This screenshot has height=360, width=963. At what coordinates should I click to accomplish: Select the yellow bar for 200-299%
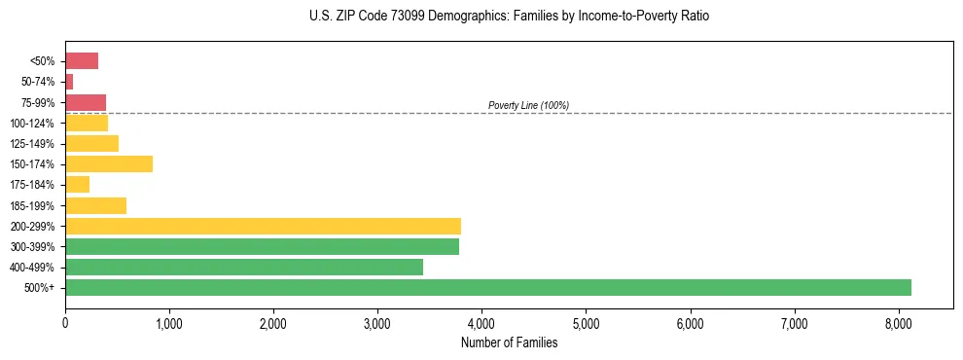(263, 226)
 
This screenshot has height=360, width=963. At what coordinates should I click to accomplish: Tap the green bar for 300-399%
(262, 246)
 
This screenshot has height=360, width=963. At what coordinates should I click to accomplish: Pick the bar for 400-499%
(244, 267)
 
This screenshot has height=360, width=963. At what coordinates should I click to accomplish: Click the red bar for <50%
(82, 61)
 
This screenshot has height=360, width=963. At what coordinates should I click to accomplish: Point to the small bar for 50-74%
(69, 82)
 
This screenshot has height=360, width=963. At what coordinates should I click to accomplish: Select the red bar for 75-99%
(86, 102)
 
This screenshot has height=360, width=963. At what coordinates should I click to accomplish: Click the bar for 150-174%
(109, 163)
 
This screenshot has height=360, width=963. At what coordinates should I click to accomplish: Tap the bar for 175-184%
(78, 184)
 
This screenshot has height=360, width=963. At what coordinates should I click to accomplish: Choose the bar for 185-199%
(95, 205)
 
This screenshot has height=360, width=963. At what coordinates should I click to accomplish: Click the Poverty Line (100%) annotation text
(528, 105)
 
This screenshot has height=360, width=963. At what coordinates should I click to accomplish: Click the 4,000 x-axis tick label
(481, 323)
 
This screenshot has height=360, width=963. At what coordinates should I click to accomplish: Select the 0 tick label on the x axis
(65, 323)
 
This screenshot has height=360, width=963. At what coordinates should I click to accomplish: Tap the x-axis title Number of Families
(509, 342)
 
